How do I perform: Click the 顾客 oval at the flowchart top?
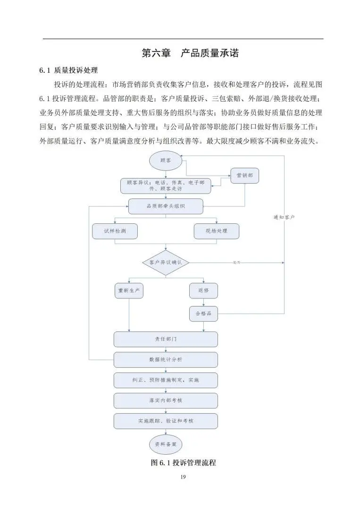[x=166, y=161]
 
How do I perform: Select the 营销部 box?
[x=244, y=175]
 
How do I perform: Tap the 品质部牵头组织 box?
[x=166, y=206]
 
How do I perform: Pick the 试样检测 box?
[x=115, y=231]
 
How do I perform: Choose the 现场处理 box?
[x=217, y=231]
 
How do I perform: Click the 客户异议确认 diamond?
[x=166, y=263]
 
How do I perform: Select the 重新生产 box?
[x=129, y=290]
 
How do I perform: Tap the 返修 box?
[x=203, y=290]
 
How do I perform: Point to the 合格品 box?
[x=203, y=314]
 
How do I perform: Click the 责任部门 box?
[x=166, y=339]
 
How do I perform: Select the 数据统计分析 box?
[x=166, y=360]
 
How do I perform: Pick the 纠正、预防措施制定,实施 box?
[x=166, y=380]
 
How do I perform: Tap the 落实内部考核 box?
[x=166, y=400]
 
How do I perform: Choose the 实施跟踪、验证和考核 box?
[x=166, y=421]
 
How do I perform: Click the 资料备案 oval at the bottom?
[x=166, y=444]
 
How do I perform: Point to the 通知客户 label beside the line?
[x=284, y=217]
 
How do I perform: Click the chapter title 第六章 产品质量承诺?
[x=190, y=53]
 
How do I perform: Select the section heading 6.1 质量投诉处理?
[x=68, y=70]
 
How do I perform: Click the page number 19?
[x=183, y=477]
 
